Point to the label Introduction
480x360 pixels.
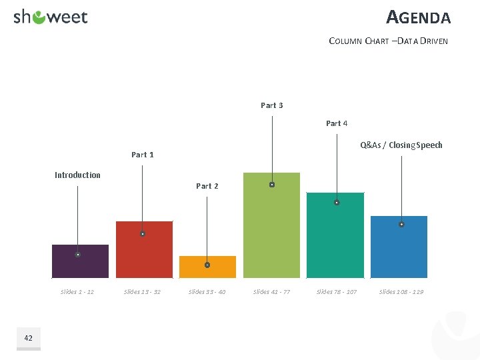point(77,175)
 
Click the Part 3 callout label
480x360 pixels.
point(271,105)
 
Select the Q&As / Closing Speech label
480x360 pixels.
point(401,145)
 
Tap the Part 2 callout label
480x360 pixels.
point(207,186)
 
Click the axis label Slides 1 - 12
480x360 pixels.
point(77,292)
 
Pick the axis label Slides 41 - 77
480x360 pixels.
point(271,292)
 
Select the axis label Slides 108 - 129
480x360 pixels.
point(401,292)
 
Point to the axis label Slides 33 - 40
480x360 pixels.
point(207,292)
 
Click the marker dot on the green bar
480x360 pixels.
point(272,185)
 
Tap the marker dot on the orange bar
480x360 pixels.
point(207,265)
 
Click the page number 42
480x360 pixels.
point(28,339)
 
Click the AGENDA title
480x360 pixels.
point(418,17)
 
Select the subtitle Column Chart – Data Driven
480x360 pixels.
point(388,41)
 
